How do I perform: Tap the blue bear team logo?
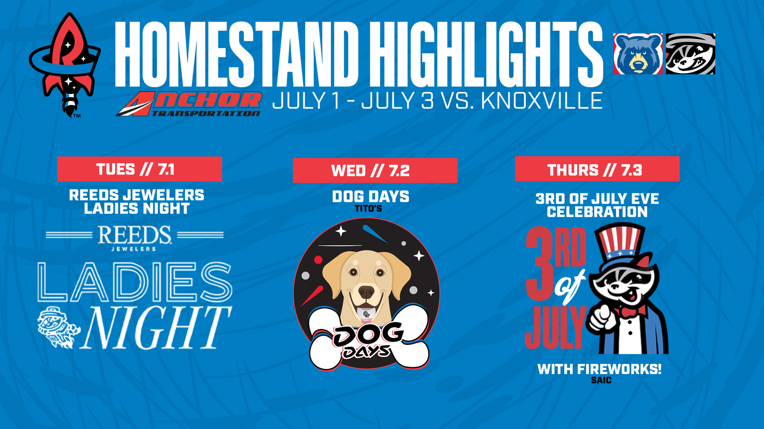tap(638, 54)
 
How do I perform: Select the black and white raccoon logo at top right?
tap(690, 54)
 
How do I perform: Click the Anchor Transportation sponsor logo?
tap(189, 104)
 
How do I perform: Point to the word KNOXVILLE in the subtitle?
tap(542, 101)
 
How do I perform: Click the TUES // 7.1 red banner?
tap(139, 169)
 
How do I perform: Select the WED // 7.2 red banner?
tap(375, 170)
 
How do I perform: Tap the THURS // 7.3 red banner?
tap(597, 169)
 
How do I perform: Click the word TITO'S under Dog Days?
tap(368, 208)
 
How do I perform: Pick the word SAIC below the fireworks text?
tap(601, 380)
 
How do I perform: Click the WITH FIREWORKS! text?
tap(599, 369)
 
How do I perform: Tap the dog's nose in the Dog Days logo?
tap(366, 292)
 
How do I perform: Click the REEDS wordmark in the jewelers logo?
tap(135, 235)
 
